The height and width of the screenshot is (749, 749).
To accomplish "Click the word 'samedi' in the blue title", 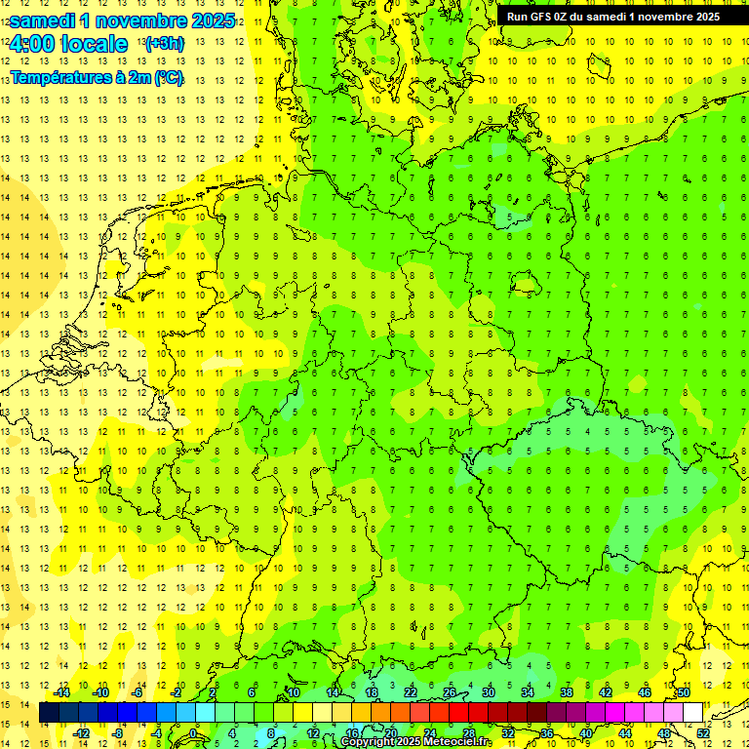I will tap(40, 20).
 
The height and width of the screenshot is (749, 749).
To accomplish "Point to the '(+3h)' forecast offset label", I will tap(163, 44).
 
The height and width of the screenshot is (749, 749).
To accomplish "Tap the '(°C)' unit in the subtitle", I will tap(169, 77).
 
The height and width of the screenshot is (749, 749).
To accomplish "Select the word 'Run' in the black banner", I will tap(517, 16).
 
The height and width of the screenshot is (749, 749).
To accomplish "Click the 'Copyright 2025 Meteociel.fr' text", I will tap(415, 742).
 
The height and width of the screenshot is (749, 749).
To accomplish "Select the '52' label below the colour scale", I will tap(703, 733).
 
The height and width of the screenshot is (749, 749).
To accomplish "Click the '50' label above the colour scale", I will tap(684, 692).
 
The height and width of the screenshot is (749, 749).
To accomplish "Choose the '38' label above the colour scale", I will tap(567, 692).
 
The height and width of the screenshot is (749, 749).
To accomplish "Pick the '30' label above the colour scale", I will tap(489, 692).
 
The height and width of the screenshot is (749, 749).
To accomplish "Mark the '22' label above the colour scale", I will tap(411, 692).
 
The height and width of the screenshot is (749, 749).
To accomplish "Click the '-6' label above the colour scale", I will tap(138, 692).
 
